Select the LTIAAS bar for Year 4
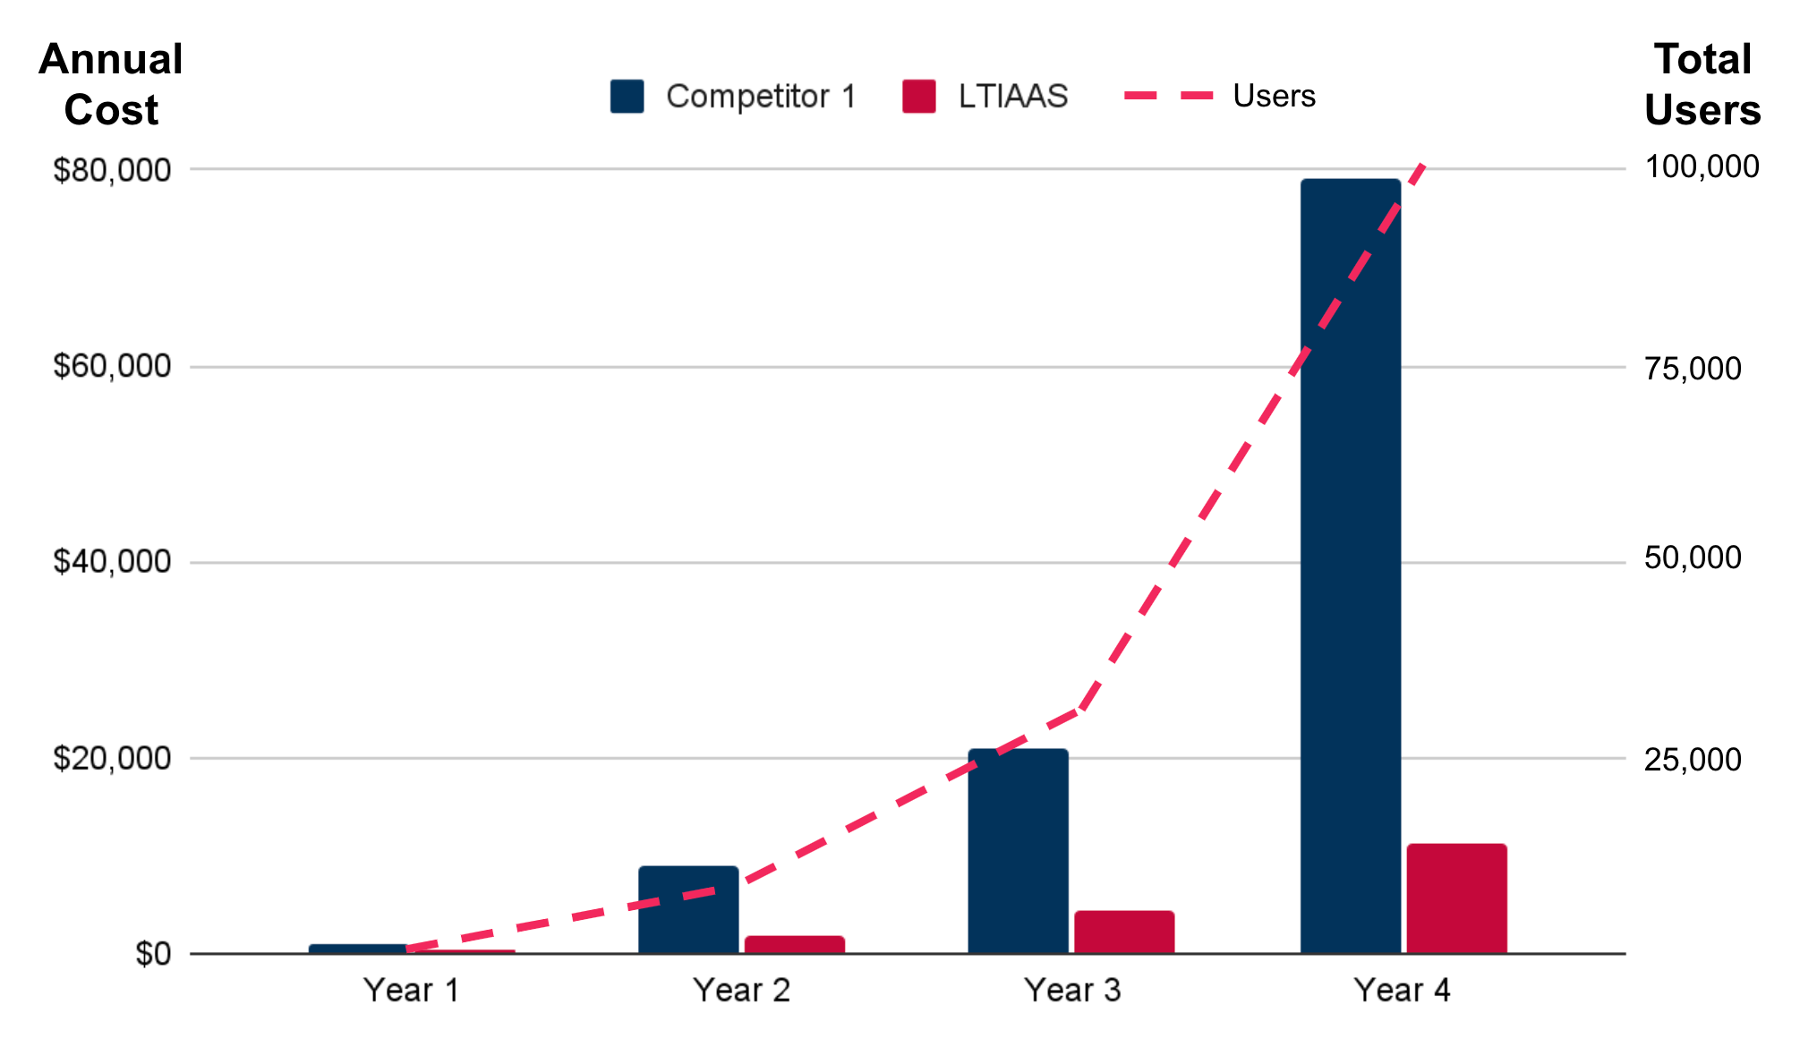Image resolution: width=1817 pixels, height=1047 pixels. click(1456, 898)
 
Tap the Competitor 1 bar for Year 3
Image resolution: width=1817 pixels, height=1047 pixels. click(1018, 850)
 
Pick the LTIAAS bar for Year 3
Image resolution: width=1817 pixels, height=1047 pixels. click(1124, 932)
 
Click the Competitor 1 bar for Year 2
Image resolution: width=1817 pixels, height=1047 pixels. click(688, 909)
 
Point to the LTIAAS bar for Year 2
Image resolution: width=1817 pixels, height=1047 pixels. click(794, 944)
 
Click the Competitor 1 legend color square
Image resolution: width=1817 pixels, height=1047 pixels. click(627, 97)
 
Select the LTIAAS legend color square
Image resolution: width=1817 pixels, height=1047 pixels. click(919, 97)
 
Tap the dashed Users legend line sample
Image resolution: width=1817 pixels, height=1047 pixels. click(1168, 96)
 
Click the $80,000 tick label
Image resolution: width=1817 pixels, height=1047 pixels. click(112, 170)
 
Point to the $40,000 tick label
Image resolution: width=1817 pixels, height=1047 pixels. click(112, 562)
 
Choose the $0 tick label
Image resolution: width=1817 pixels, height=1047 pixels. click(153, 954)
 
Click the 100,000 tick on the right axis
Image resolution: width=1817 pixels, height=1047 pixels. click(1702, 166)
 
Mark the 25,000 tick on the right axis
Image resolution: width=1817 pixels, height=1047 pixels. click(1693, 760)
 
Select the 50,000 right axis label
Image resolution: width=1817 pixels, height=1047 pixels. click(1693, 558)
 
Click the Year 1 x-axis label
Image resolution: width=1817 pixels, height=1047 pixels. click(411, 991)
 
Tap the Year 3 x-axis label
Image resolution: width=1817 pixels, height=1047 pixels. click(1071, 991)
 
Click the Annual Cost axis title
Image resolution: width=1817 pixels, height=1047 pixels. click(111, 85)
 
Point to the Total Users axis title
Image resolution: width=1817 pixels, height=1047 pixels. click(1702, 85)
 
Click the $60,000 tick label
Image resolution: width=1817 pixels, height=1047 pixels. click(112, 366)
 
